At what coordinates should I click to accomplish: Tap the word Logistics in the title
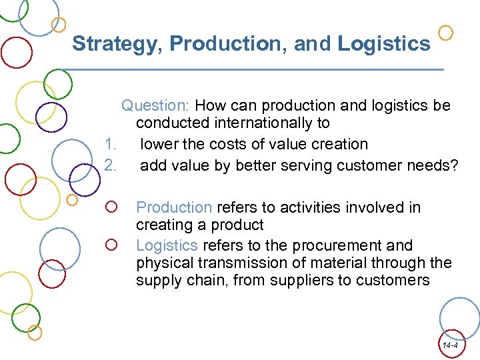click(x=384, y=44)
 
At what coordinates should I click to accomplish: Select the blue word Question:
click(x=156, y=105)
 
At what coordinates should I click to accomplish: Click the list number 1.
click(x=111, y=144)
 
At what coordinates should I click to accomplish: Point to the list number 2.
click(x=111, y=165)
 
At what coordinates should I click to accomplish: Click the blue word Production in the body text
click(x=174, y=207)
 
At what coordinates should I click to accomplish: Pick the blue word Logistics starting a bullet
click(x=167, y=245)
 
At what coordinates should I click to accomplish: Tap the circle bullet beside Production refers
click(x=111, y=208)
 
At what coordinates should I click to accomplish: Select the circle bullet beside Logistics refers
click(x=111, y=246)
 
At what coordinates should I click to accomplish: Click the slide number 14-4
click(x=449, y=345)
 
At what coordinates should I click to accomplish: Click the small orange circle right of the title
click(x=447, y=32)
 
